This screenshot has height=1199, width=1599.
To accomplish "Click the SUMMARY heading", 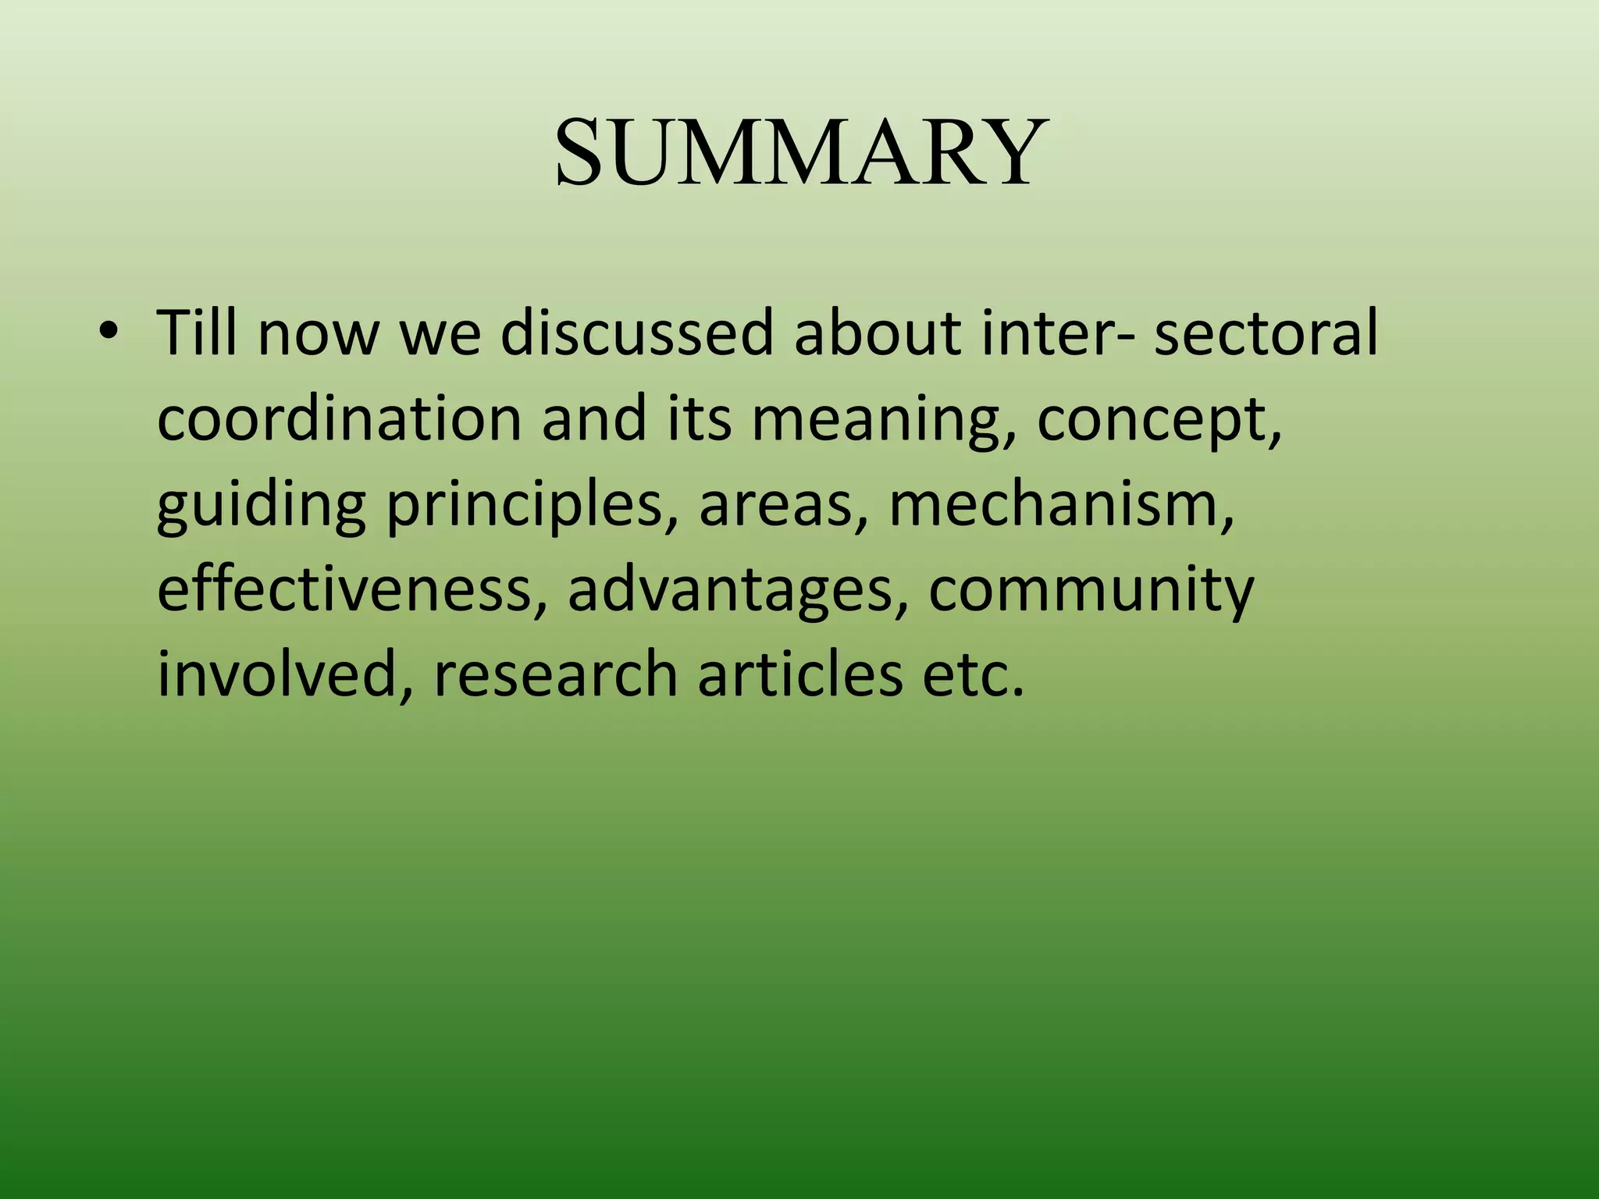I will (799, 151).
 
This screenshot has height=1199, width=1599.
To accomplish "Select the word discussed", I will (636, 333).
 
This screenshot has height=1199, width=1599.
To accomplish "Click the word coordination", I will (339, 418).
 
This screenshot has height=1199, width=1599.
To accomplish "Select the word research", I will (555, 674).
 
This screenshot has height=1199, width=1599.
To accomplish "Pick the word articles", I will (799, 674).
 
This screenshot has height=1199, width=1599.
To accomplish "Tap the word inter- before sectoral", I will (1057, 333).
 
